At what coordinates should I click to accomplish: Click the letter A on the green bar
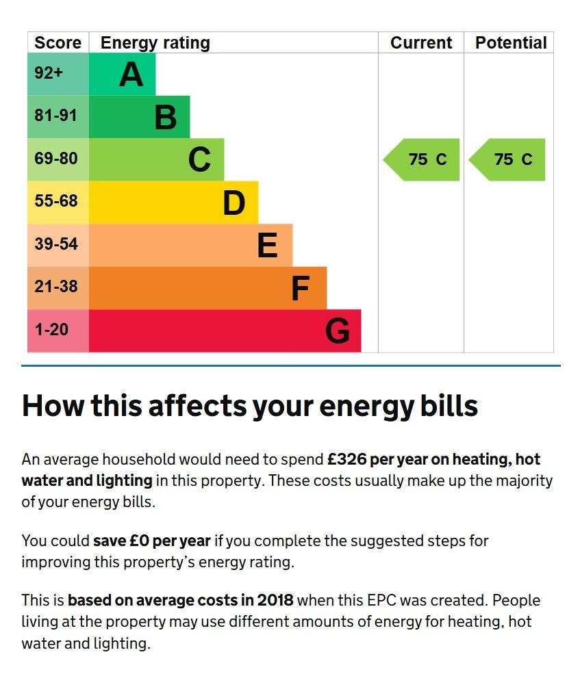[131, 75]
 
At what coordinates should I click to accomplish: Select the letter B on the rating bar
[165, 117]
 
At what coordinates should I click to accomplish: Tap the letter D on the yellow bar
[234, 203]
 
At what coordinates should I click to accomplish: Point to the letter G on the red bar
[337, 331]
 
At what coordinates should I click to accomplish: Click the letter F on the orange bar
[300, 289]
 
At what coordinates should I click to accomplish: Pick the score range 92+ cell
[49, 73]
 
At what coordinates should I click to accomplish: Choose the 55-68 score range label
[56, 201]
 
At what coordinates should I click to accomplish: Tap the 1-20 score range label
[52, 330]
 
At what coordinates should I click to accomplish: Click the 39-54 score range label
[56, 244]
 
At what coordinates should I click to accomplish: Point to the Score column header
[58, 42]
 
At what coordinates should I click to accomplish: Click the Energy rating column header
[155, 42]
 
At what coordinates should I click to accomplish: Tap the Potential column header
[511, 42]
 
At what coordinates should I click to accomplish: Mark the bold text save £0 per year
[152, 541]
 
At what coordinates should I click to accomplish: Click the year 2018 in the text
[275, 600]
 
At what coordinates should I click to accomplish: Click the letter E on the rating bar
[267, 246]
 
